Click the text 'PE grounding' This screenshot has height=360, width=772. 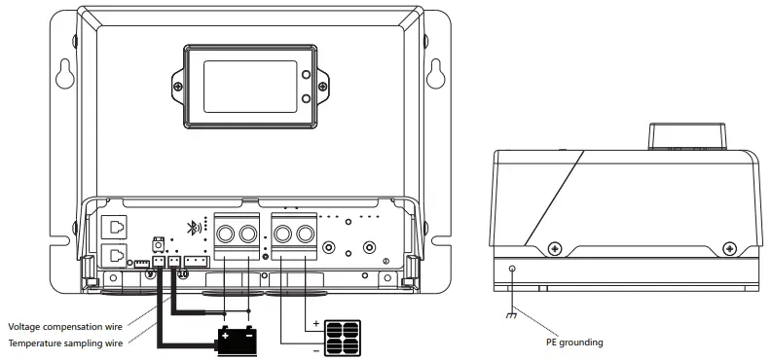click(x=573, y=342)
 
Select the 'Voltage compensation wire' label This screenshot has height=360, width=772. click(x=64, y=326)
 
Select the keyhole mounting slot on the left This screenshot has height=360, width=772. click(x=64, y=74)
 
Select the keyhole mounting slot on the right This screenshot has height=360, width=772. click(x=434, y=74)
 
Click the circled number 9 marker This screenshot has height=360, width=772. click(x=150, y=274)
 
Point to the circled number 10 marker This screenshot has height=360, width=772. click(x=179, y=274)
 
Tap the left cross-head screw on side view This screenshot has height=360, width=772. click(x=554, y=247)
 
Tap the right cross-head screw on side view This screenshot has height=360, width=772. click(x=727, y=247)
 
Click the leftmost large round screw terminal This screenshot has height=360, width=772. click(x=226, y=234)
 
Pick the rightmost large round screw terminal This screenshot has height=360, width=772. click(x=306, y=234)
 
